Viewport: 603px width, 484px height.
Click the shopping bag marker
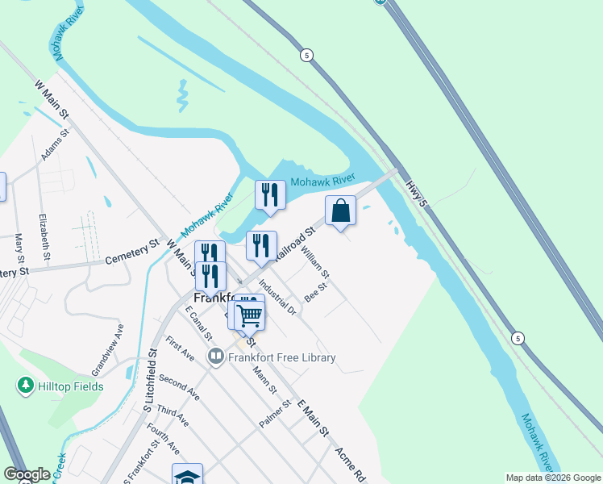coord(341,211)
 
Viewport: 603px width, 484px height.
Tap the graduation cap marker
coord(186,476)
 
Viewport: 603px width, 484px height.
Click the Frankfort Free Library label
coord(282,357)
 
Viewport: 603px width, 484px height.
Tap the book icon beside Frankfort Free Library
coord(216,357)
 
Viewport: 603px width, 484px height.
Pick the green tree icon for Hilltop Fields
coord(27,386)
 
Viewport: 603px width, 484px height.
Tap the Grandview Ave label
coord(107,351)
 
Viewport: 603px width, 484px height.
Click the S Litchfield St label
coord(149,382)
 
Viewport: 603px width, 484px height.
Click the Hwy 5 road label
coord(416,194)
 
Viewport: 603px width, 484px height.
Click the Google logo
coord(27,474)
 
